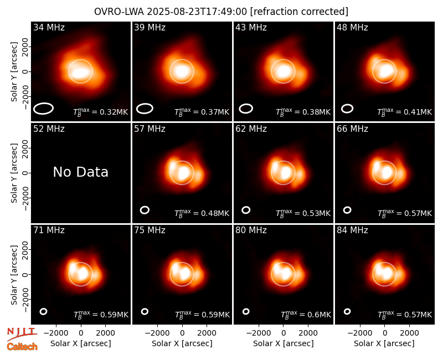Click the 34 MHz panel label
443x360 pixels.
coord(49,27)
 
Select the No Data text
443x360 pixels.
coord(80,172)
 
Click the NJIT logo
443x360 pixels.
coord(22,334)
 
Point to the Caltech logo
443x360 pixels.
coord(22,347)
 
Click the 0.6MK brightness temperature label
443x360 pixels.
coord(306,315)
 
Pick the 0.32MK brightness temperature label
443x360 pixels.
coord(101,112)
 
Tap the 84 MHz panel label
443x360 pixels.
coord(352,230)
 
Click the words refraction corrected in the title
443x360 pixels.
coord(299,12)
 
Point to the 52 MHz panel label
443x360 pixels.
coord(49,129)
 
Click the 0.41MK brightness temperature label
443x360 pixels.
coord(404,112)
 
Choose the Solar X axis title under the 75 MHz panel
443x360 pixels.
coord(182,343)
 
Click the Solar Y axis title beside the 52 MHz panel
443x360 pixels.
coord(14,173)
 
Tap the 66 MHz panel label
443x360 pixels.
coord(352,129)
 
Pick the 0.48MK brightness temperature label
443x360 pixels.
coord(202,213)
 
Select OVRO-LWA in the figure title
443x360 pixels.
coord(119,12)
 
